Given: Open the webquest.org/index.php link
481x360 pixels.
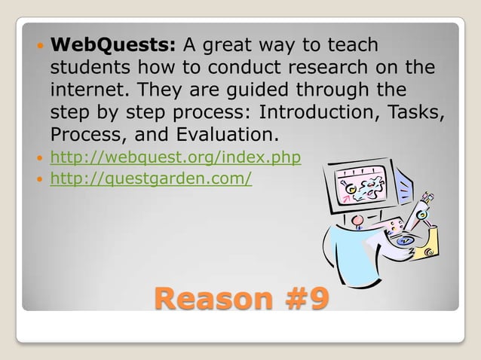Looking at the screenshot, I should pyautogui.click(x=175, y=158).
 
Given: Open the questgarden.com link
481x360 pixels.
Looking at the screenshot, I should pyautogui.click(x=151, y=179).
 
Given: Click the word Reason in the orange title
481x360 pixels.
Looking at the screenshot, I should pyautogui.click(x=208, y=299).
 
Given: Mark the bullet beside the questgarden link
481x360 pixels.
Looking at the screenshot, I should pyautogui.click(x=38, y=180).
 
